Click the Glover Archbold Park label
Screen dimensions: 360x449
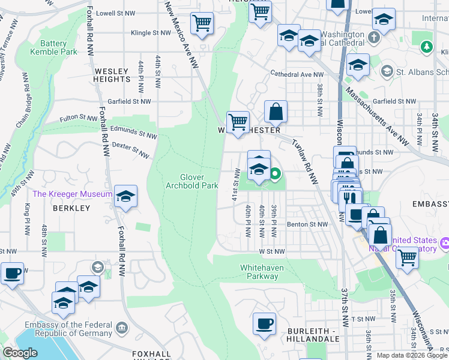[x=191, y=181]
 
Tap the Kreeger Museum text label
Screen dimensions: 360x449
[x=72, y=194]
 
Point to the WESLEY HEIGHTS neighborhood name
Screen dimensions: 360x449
[x=112, y=75]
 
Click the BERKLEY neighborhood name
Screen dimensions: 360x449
[x=71, y=208]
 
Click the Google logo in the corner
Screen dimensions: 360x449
[x=20, y=353]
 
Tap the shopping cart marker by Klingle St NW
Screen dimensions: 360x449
[x=202, y=23]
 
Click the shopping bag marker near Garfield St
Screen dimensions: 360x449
[x=276, y=111]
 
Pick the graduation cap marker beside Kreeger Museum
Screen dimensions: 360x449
[x=126, y=196]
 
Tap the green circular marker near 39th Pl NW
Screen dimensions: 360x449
[x=275, y=175]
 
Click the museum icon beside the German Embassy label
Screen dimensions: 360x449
[x=122, y=328]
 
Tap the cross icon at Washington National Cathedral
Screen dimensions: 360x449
[x=374, y=38]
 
